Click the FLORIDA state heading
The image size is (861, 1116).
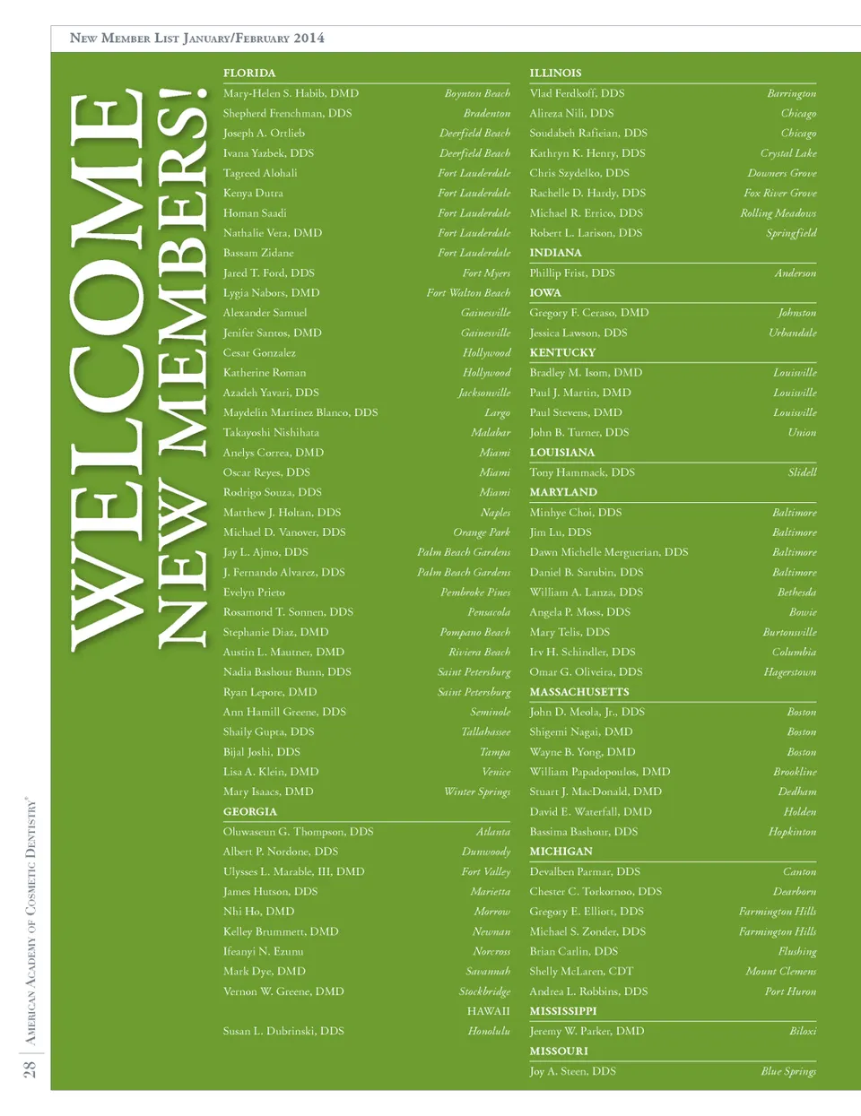pos(249,74)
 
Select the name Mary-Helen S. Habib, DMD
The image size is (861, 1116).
pos(291,93)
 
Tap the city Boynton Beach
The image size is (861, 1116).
pos(477,93)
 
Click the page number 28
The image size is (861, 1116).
pos(30,1068)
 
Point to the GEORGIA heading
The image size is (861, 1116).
pos(249,812)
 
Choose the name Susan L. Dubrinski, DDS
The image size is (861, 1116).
pos(283,1032)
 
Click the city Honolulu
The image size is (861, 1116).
pos(489,1032)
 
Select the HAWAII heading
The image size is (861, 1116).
pos(488,1011)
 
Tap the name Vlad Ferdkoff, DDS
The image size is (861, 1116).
pos(577,93)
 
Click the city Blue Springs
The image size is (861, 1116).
pos(788,1071)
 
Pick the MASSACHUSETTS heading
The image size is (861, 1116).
pos(579,692)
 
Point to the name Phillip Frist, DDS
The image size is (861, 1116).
pos(572,273)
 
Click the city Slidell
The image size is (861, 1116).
pos(802,472)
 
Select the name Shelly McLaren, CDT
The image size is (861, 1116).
pos(581,972)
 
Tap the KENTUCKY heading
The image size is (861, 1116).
pos(562,353)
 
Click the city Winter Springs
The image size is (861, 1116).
pos(477,792)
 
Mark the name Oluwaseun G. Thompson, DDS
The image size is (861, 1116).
pos(298,832)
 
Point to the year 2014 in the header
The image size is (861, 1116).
pos(309,39)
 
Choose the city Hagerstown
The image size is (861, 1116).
pos(790,672)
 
